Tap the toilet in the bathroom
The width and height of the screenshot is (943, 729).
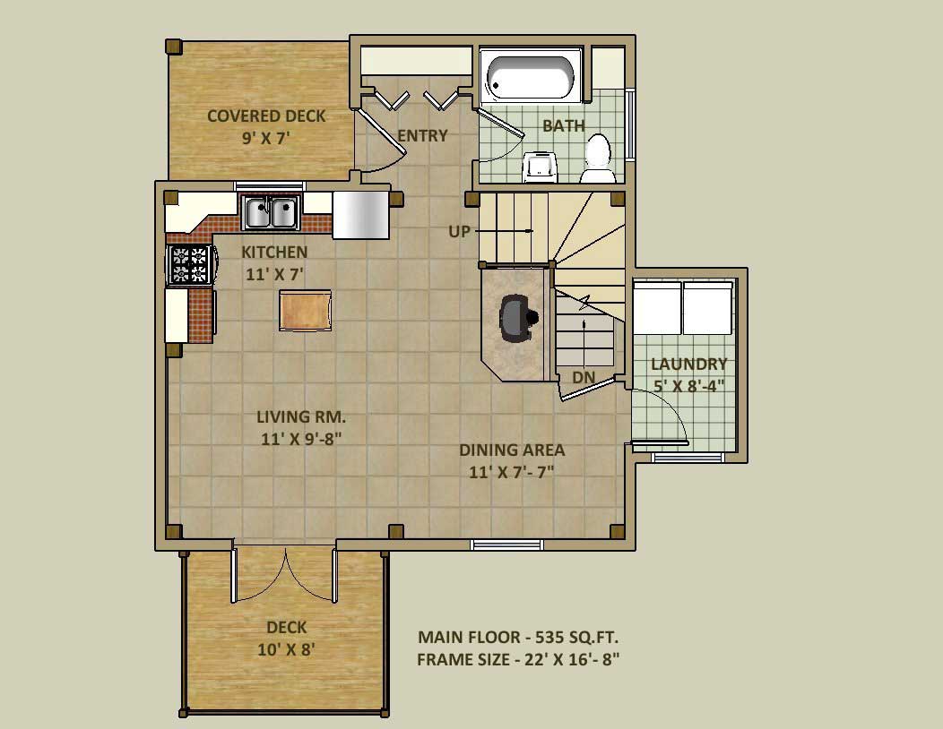(x=598, y=159)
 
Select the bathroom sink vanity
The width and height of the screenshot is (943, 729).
(x=541, y=167)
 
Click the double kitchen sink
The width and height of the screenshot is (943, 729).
(x=271, y=212)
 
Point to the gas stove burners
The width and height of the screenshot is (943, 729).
(x=190, y=264)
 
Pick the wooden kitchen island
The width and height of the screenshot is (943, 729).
(x=305, y=310)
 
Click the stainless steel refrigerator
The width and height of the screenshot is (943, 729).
(x=361, y=215)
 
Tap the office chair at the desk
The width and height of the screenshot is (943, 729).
(x=516, y=318)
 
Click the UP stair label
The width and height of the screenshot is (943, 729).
(x=460, y=231)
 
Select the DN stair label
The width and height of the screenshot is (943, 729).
(x=584, y=377)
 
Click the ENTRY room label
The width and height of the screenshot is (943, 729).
(x=422, y=136)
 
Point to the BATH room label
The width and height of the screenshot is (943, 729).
(x=564, y=125)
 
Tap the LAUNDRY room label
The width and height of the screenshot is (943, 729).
(x=688, y=364)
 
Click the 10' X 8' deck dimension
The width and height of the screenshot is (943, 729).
(x=286, y=649)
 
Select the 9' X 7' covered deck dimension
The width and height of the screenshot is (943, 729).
(x=266, y=138)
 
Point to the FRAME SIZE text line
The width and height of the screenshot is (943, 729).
(x=518, y=660)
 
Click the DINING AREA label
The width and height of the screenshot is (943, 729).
(x=512, y=450)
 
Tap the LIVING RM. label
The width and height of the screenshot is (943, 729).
(x=300, y=416)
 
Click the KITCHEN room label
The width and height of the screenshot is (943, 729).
(x=274, y=252)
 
